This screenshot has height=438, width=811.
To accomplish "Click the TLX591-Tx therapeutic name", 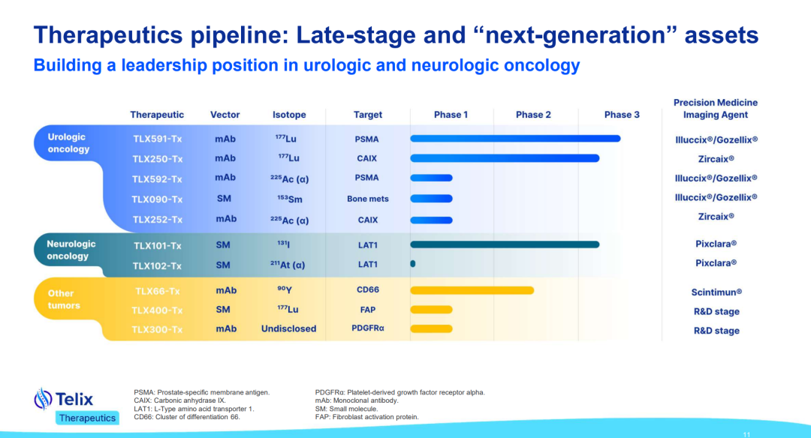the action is pyautogui.click(x=157, y=139).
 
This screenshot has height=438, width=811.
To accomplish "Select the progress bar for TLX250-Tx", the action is pyautogui.click(x=505, y=158).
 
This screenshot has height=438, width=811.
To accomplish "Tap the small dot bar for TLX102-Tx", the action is pyautogui.click(x=413, y=263).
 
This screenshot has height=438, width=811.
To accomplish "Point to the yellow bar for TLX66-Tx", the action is pyautogui.click(x=472, y=290).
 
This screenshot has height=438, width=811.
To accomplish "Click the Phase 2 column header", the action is pyautogui.click(x=533, y=115).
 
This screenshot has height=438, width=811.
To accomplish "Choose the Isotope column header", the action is pyautogui.click(x=289, y=115).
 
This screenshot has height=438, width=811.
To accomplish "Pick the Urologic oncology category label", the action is pyautogui.click(x=69, y=143).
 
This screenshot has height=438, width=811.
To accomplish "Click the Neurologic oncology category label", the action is pyautogui.click(x=71, y=250).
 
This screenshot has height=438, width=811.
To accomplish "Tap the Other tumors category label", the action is pyautogui.click(x=64, y=299).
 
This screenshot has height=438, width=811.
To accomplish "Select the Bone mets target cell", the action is pyautogui.click(x=368, y=199).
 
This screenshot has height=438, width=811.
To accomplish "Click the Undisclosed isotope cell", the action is pyautogui.click(x=288, y=328).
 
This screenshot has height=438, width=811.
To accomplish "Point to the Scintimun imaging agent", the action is pyautogui.click(x=716, y=292).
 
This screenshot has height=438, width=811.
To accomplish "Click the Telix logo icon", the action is pyautogui.click(x=43, y=399).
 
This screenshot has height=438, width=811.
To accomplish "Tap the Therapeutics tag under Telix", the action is pyautogui.click(x=87, y=418).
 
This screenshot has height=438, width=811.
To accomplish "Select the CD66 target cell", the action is pyautogui.click(x=368, y=289).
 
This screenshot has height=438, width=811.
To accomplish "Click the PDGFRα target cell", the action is pyautogui.click(x=368, y=328).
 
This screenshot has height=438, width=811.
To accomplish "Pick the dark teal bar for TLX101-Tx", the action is pyautogui.click(x=505, y=244).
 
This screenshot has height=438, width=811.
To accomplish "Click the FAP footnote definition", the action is pyautogui.click(x=366, y=417).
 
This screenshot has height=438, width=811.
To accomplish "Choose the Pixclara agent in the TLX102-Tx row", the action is pyautogui.click(x=716, y=263).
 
